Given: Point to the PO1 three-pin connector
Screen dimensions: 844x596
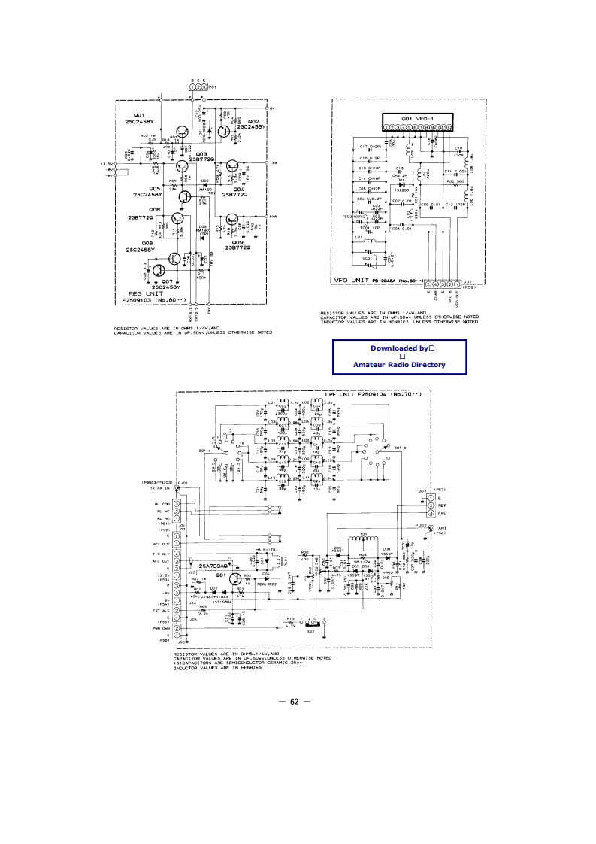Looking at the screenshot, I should (x=198, y=87).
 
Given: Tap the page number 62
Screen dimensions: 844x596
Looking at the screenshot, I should (x=295, y=702).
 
